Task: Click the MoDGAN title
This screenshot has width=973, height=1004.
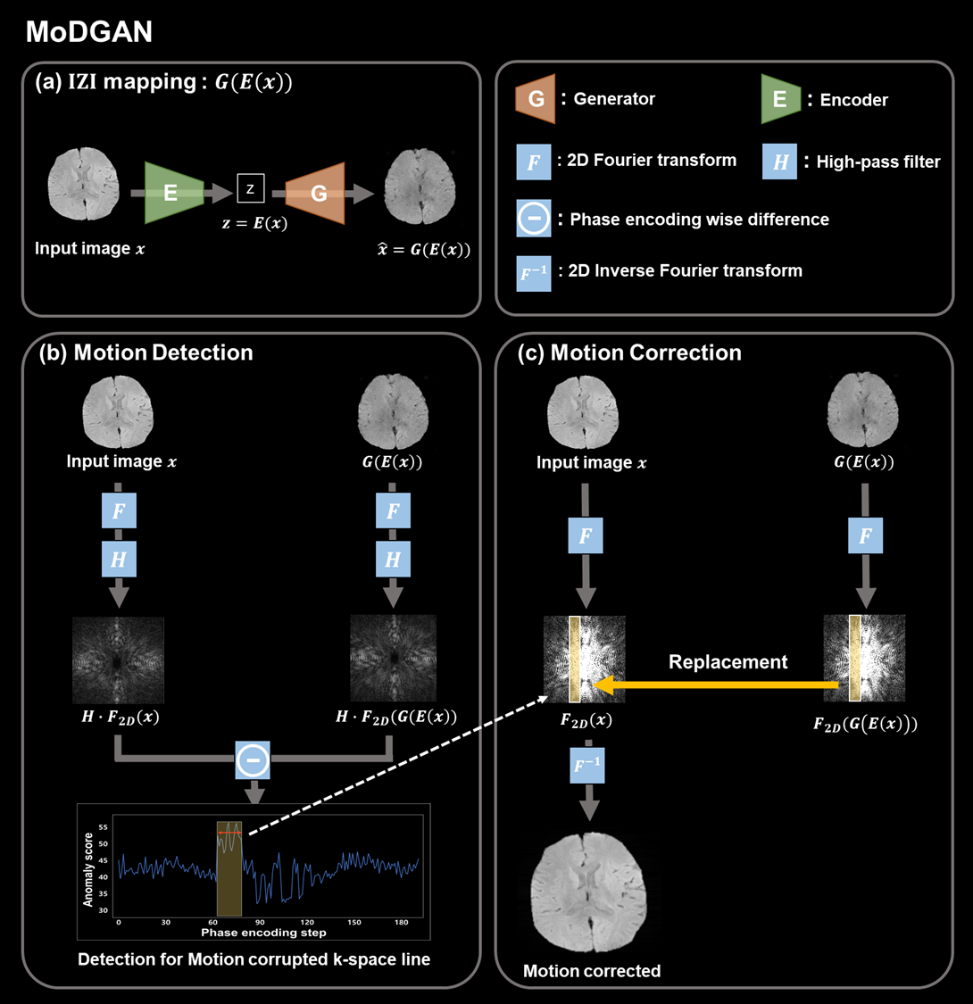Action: [x=89, y=31]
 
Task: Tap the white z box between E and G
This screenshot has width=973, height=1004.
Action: [x=251, y=188]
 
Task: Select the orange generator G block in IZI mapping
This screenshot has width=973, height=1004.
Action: [x=315, y=193]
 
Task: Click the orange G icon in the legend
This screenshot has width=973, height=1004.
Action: [x=536, y=98]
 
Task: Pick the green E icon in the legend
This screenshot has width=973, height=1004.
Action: [x=781, y=99]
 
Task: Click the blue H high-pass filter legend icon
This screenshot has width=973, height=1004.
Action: [x=779, y=162]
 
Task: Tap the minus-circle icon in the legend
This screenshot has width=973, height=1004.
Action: [x=534, y=219]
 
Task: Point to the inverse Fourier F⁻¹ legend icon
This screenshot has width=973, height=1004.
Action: [x=534, y=273]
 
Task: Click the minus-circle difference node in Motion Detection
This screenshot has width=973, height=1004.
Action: [x=253, y=760]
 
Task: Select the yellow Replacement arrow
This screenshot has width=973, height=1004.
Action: [x=716, y=685]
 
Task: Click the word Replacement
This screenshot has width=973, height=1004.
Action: [x=728, y=661]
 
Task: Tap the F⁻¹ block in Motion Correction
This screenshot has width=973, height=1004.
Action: [x=587, y=765]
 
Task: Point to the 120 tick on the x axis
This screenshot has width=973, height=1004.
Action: [x=307, y=923]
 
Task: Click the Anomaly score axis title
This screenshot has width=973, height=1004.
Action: [x=88, y=869]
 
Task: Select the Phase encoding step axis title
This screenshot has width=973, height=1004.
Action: [x=263, y=933]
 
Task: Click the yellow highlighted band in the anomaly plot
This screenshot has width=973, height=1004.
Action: [x=229, y=868]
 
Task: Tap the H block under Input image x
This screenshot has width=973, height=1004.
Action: [x=119, y=559]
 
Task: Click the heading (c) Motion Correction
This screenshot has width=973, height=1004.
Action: [x=629, y=353]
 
